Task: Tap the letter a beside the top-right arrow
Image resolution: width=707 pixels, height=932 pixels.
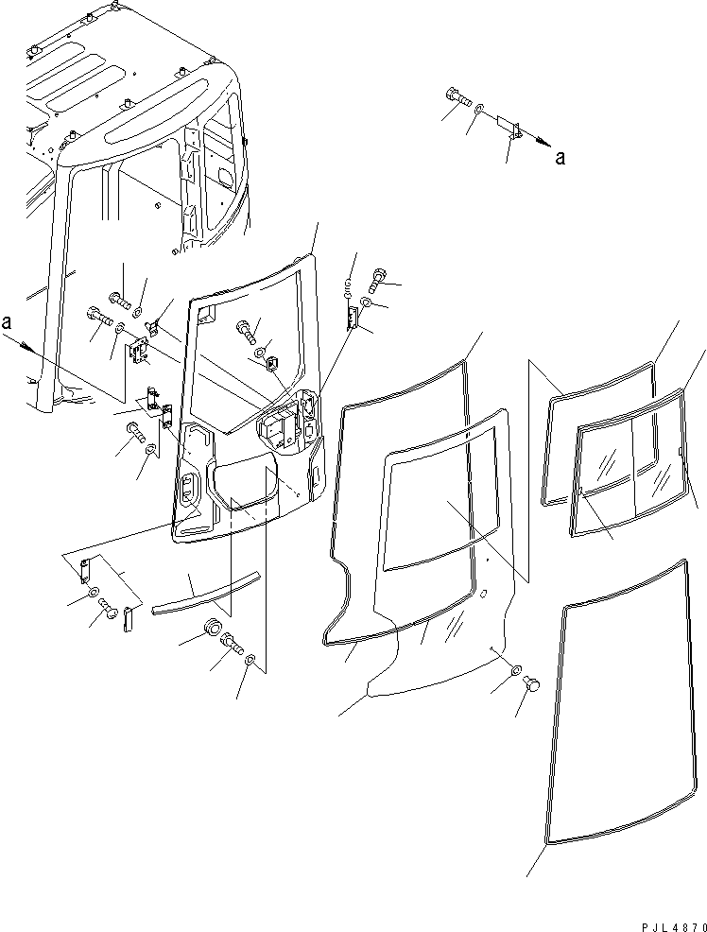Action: tap(560, 158)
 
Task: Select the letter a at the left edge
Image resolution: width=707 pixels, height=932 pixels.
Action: tap(7, 322)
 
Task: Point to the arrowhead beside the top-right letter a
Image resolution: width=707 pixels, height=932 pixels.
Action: tap(542, 142)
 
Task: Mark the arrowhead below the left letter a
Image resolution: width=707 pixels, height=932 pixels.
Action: tap(25, 346)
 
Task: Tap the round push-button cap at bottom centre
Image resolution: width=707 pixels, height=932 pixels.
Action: tap(533, 684)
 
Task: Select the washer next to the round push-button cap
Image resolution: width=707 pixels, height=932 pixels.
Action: tap(516, 670)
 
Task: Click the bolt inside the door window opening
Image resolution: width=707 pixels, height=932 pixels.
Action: tap(246, 329)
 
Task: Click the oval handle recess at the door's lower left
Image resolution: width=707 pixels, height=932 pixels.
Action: tap(188, 488)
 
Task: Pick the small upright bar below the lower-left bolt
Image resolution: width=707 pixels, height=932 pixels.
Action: tap(128, 619)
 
